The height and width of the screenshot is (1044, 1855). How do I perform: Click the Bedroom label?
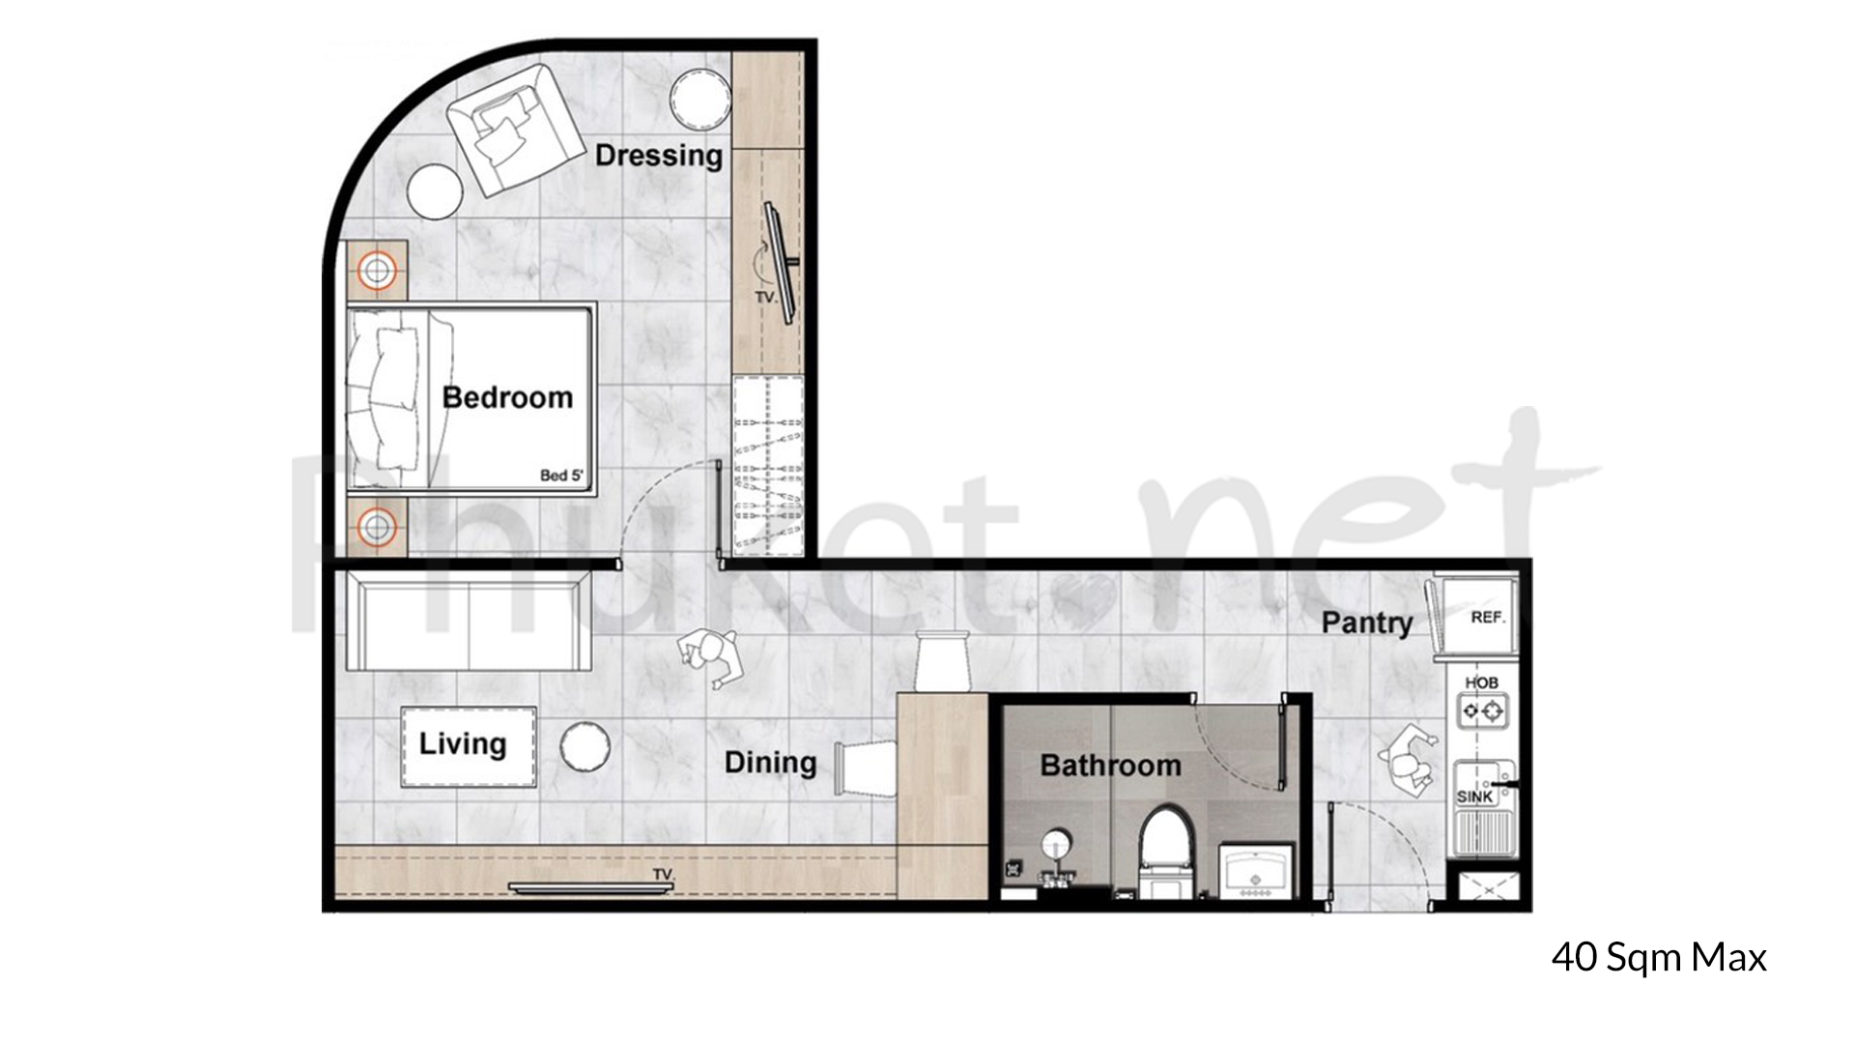(507, 397)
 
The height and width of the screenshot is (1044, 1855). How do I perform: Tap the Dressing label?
(658, 155)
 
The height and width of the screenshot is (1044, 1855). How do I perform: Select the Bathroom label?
(1110, 766)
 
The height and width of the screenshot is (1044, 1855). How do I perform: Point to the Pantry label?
(1366, 623)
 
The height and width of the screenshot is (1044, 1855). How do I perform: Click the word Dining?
(770, 763)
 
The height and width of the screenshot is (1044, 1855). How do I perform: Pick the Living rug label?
(463, 743)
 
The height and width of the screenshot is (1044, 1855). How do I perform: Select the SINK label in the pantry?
(1474, 797)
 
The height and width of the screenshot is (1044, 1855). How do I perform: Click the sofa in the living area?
(468, 620)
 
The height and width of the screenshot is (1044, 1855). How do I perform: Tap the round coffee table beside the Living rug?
(585, 746)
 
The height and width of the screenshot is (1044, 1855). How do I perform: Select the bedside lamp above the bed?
(377, 271)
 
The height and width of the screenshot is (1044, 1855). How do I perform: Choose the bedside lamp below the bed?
(377, 528)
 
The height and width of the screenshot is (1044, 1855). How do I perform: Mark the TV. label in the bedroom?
(765, 298)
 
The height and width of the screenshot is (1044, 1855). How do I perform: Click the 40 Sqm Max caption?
(1658, 957)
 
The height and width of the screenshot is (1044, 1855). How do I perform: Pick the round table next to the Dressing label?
(700, 99)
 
